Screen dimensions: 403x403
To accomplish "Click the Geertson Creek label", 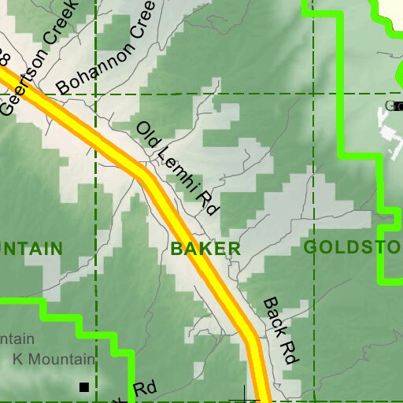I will point(41,57).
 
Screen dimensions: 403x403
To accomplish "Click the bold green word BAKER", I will point(205,249).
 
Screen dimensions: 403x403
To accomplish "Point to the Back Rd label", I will point(279,330).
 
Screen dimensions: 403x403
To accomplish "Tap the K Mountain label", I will point(54,359).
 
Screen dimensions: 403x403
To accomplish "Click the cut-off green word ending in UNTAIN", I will point(30,249).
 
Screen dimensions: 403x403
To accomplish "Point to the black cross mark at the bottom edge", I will point(244,396).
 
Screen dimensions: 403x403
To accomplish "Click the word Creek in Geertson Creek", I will point(59,35).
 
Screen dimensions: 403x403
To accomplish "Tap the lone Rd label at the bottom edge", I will point(145,390).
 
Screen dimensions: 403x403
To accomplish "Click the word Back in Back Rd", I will point(273,317).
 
